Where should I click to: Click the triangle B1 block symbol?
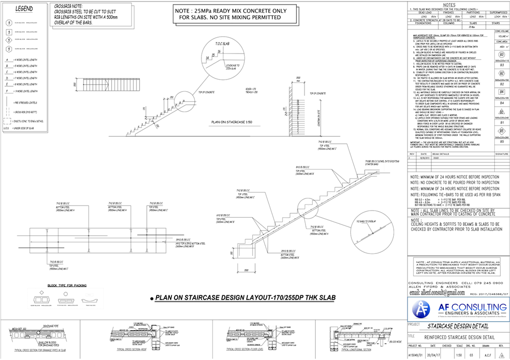coord(501,111)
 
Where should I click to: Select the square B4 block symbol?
coord(501,92)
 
